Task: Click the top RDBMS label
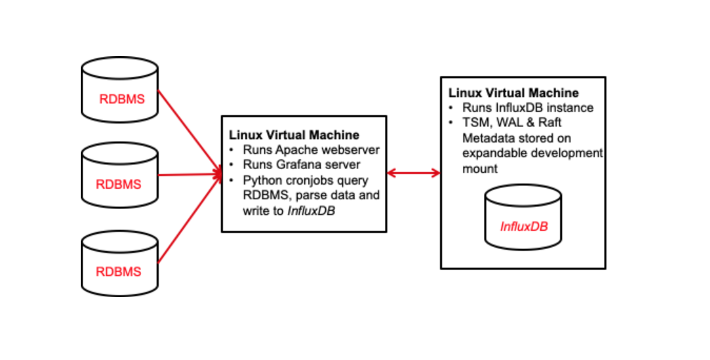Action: pos(121,99)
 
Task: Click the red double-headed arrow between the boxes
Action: pos(413,173)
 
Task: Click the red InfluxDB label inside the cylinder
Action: pos(523,227)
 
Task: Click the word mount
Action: pos(478,168)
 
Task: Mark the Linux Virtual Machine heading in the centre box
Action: pos(294,135)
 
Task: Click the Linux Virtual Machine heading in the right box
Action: pos(513,93)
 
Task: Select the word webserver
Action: pos(350,150)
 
